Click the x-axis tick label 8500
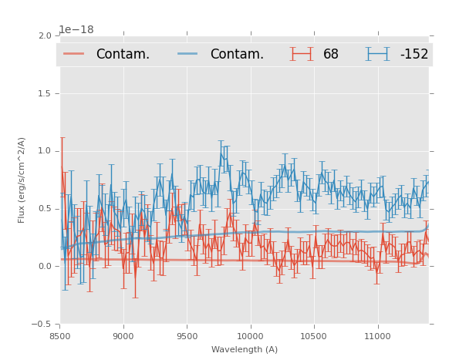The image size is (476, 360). coord(60,336)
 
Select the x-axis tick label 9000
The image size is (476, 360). coord(123,336)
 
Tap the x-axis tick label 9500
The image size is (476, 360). coord(187,336)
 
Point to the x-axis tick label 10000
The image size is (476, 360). coord(250,336)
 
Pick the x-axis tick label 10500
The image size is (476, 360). coord(313,336)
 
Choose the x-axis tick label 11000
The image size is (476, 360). coord(376,336)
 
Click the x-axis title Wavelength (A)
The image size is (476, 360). coord(245,350)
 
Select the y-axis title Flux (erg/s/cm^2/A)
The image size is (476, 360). coord(22,180)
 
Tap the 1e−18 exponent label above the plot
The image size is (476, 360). coord(76,30)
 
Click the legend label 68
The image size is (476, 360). coord(331,55)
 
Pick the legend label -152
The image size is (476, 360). coord(414,55)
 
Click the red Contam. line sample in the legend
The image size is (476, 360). coord(74,54)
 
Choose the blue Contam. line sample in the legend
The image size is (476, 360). coord(189,54)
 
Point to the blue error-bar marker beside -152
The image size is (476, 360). coord(378,54)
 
